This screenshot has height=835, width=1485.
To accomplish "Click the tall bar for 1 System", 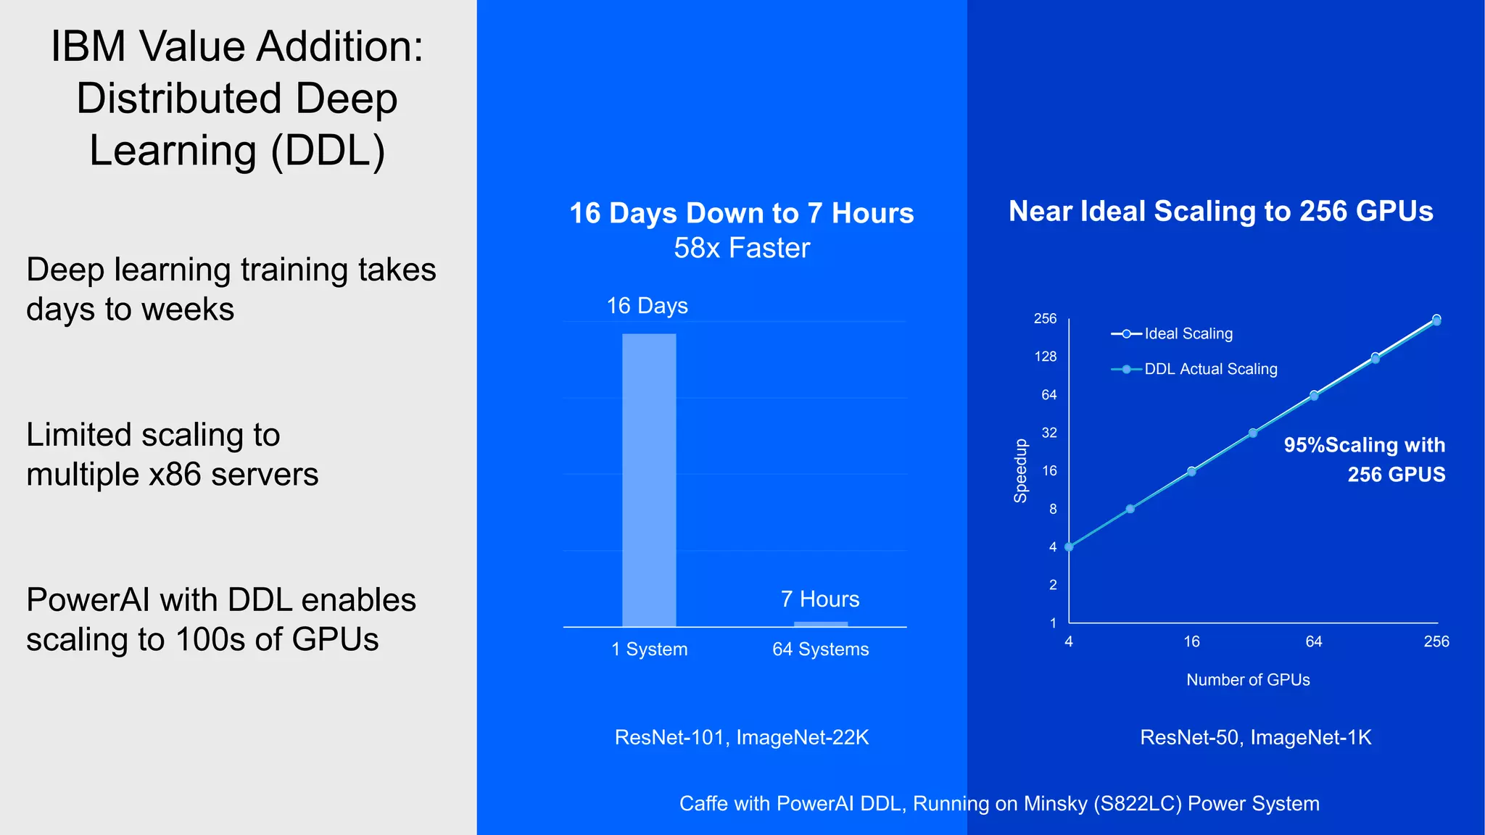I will point(649,480).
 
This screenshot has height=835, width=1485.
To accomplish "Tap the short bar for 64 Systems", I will point(821,624).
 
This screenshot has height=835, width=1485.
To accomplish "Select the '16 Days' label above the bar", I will point(647,306).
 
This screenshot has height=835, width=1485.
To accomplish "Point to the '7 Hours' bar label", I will point(820,599).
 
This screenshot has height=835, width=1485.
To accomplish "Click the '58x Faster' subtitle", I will point(742,248).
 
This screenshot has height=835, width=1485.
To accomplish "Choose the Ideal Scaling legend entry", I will point(1172,334).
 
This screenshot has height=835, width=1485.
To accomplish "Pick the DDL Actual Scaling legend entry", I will point(1194,369).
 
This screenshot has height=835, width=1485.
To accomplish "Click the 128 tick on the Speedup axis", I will point(1046,357).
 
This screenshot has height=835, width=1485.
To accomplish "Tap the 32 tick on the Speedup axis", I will point(1049,433).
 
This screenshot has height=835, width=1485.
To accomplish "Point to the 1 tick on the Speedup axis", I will point(1053,623).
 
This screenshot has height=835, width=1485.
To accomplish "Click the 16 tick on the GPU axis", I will point(1191,641).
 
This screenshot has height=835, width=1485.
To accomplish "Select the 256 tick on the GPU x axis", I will point(1436,641).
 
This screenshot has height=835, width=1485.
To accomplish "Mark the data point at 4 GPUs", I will point(1069,547).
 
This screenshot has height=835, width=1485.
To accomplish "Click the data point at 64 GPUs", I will point(1314,396).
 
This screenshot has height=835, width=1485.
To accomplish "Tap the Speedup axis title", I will point(1020,470).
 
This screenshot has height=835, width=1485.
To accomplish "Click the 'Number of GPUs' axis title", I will point(1248,680).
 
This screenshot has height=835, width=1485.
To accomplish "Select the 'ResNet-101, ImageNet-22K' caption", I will point(742,737).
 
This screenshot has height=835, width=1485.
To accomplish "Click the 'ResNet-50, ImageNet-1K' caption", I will point(1255,737).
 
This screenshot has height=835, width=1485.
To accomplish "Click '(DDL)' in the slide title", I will point(328,151).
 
